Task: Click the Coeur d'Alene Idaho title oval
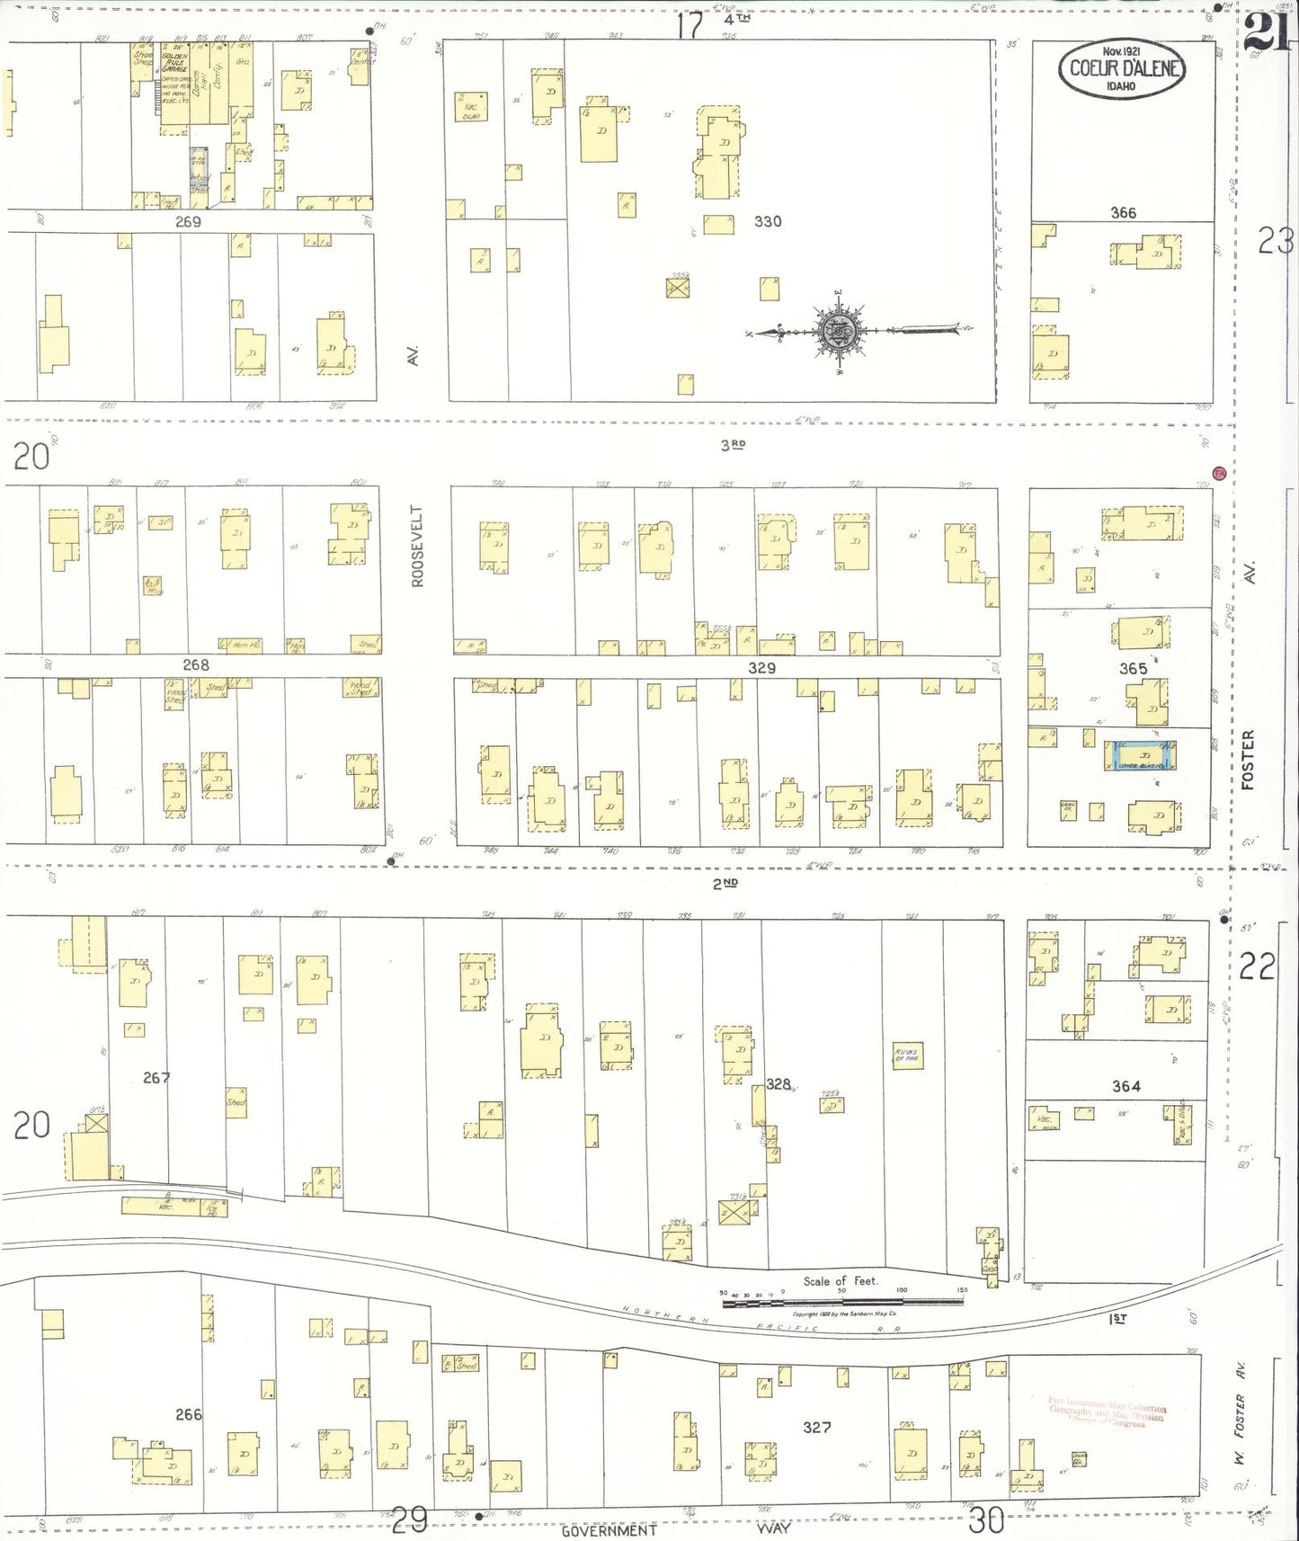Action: (1121, 68)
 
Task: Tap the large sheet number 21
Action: (1269, 34)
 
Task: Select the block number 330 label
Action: (767, 221)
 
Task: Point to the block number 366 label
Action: (1123, 213)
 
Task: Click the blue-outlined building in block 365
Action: (1141, 756)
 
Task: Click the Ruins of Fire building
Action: (906, 1056)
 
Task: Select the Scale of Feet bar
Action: (841, 1301)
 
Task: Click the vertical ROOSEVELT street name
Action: (416, 546)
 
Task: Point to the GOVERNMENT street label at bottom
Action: (609, 1530)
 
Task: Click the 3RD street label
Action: (733, 444)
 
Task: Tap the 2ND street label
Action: (725, 884)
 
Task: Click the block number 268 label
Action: (195, 665)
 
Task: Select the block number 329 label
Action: (761, 668)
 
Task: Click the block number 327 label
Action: (816, 1427)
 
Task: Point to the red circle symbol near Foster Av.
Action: (1219, 473)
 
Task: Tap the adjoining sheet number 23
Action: (1275, 242)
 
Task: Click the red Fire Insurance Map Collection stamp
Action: (1107, 1411)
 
